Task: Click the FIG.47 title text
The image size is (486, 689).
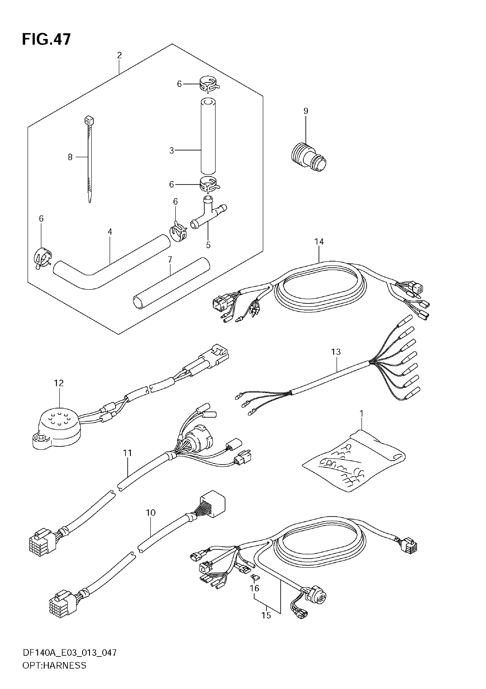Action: pyautogui.click(x=46, y=39)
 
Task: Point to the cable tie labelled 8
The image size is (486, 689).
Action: pyautogui.click(x=89, y=159)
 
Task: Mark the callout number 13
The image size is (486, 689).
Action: pyautogui.click(x=336, y=352)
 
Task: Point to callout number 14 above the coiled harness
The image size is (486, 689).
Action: pyautogui.click(x=319, y=242)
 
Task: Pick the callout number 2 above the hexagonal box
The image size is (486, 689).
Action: pyautogui.click(x=119, y=55)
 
